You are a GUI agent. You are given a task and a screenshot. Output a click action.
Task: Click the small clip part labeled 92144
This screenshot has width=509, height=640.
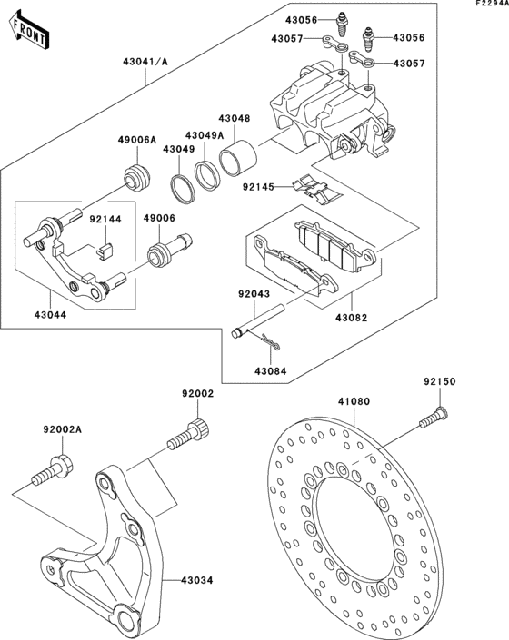(x=103, y=242)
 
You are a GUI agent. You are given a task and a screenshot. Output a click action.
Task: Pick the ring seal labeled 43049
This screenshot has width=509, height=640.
(x=184, y=190)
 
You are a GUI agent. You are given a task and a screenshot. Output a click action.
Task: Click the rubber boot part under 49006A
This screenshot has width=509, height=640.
(x=137, y=176)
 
